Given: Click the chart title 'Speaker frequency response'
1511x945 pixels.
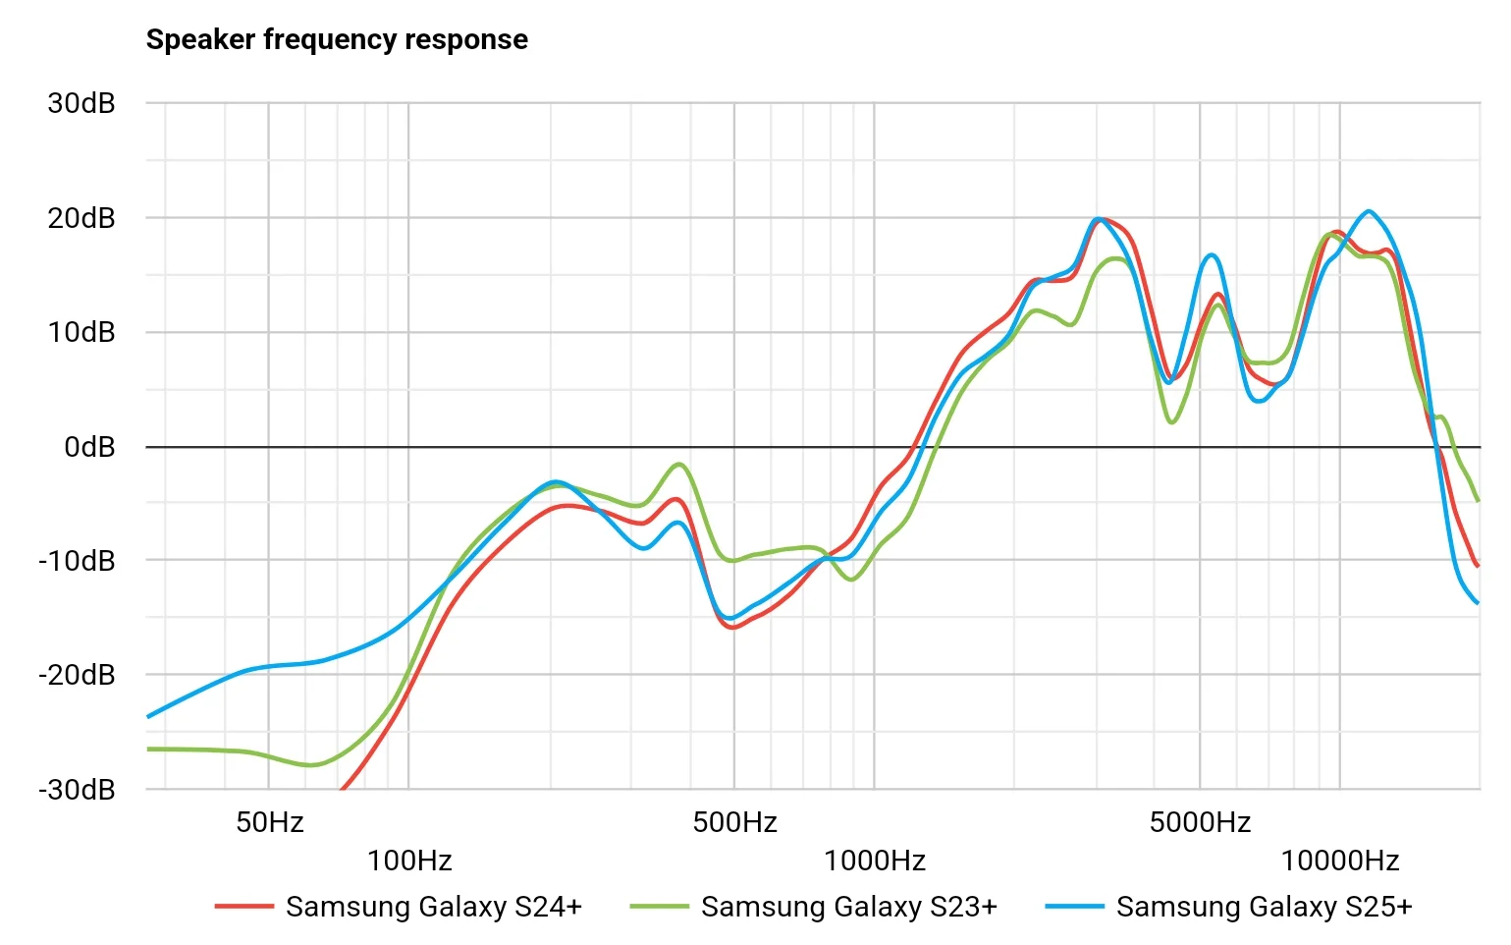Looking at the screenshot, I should click(x=337, y=39).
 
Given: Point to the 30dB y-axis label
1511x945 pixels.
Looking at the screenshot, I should click(x=81, y=103).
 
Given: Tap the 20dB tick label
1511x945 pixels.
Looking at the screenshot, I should click(x=81, y=218).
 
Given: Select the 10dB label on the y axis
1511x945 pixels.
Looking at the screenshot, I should click(x=81, y=332).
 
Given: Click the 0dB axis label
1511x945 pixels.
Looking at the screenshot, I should click(x=89, y=447).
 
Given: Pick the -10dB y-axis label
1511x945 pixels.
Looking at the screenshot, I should click(x=77, y=561).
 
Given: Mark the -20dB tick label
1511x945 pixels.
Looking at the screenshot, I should click(x=77, y=675).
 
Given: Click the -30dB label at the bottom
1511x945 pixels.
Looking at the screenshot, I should click(x=77, y=790).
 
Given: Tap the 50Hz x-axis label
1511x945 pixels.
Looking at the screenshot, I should click(x=270, y=822).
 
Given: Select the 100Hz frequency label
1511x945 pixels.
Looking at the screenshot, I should click(x=409, y=862).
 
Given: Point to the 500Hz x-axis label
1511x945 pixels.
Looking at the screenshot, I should click(x=735, y=822).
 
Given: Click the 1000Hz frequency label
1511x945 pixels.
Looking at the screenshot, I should click(x=875, y=862).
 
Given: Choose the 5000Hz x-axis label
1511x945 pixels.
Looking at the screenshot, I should click(x=1200, y=822).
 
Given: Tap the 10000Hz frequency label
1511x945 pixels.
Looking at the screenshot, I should click(x=1340, y=862).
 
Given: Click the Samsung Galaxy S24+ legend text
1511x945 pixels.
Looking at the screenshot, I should click(x=434, y=907).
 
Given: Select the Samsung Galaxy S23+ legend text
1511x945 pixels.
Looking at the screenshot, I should click(x=849, y=907).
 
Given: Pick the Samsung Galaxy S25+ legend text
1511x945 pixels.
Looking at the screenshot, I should click(x=1265, y=907).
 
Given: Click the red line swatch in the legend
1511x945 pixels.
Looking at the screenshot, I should click(x=243, y=907).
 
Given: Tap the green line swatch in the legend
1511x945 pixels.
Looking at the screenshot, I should click(x=659, y=907).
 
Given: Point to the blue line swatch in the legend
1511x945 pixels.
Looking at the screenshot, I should click(x=1074, y=907).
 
